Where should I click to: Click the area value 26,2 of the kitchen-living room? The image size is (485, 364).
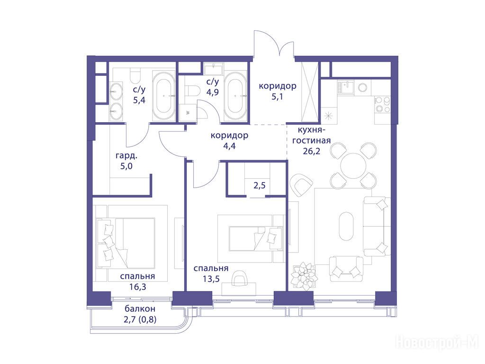(312, 151)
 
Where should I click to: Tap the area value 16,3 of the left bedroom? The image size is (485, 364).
(138, 287)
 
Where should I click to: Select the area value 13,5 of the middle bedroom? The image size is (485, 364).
(211, 279)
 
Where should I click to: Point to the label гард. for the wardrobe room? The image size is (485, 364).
(126, 155)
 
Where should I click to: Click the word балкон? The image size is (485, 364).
(140, 309)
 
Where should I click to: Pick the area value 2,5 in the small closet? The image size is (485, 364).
(260, 185)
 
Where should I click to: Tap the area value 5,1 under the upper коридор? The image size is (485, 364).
(277, 97)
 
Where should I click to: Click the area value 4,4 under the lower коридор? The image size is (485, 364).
(229, 146)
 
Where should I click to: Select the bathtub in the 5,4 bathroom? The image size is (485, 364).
(163, 96)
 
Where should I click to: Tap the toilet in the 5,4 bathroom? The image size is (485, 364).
(135, 75)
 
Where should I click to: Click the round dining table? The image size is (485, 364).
(353, 165)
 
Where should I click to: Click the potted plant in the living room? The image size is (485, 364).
(304, 275)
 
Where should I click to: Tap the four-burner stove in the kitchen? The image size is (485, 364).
(382, 104)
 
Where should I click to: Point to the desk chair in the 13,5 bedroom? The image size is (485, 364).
(240, 278)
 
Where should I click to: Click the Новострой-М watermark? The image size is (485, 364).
(437, 343)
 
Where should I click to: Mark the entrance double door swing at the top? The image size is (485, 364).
(274, 44)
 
